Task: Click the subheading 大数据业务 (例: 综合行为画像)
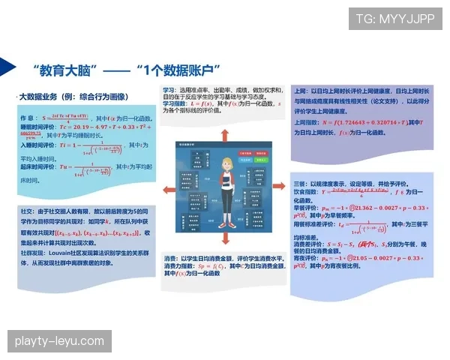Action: pyautogui.click(x=74, y=97)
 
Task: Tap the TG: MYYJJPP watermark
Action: pyautogui.click(x=394, y=19)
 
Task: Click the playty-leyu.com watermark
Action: pyautogui.click(x=59, y=341)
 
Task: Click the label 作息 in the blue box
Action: pyautogui.click(x=27, y=118)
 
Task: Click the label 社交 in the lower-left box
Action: pyautogui.click(x=25, y=212)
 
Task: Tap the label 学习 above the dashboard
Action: pyautogui.click(x=170, y=89)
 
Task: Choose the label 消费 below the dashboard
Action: pyautogui.click(x=170, y=259)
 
